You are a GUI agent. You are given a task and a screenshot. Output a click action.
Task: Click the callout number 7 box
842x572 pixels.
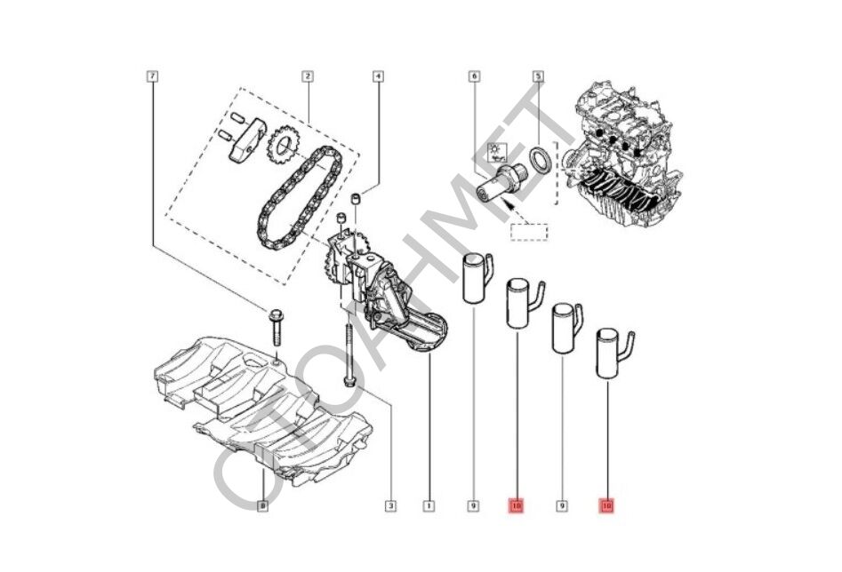[x=153, y=77]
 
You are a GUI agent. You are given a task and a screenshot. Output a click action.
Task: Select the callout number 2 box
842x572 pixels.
[x=307, y=77]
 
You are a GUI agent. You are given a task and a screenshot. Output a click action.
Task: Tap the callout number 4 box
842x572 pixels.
[x=378, y=77]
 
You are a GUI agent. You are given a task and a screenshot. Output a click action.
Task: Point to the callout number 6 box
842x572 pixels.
[x=474, y=77]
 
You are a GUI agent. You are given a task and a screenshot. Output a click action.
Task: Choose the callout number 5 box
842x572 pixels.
[x=538, y=77]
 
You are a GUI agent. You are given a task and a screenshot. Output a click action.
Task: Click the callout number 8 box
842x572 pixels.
[x=262, y=507]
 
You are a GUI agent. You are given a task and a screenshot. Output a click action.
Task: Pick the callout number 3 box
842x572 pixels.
[x=390, y=507]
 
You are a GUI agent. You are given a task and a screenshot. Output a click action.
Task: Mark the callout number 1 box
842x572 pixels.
[x=429, y=507]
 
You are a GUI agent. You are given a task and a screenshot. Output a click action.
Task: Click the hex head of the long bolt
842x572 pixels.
[x=349, y=382]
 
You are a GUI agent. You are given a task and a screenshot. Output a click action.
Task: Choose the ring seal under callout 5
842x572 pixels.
[x=540, y=160]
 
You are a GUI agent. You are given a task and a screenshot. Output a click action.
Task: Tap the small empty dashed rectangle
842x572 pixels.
[x=529, y=233]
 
